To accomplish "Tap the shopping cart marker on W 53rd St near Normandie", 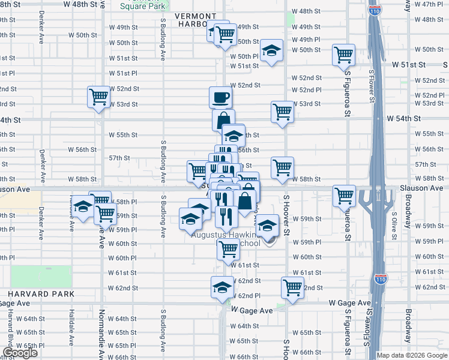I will pos(98,96).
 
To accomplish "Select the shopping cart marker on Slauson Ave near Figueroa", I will pos(344,194).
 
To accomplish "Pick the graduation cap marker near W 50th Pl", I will pos(271,50).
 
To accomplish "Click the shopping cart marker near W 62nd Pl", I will pos(292,287).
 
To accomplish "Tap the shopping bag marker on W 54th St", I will pos(223,119).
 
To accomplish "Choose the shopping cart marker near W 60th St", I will pos(228,248).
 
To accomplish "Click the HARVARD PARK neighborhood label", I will pos(41,294).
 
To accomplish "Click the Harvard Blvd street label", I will pos(11,325).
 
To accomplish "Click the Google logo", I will pos(20,353).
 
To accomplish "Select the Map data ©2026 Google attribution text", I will pos(412,355).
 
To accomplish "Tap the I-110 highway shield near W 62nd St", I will pos(381,279).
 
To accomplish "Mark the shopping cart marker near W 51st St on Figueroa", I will pos(344,55).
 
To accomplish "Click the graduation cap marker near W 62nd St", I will pos(222,287).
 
